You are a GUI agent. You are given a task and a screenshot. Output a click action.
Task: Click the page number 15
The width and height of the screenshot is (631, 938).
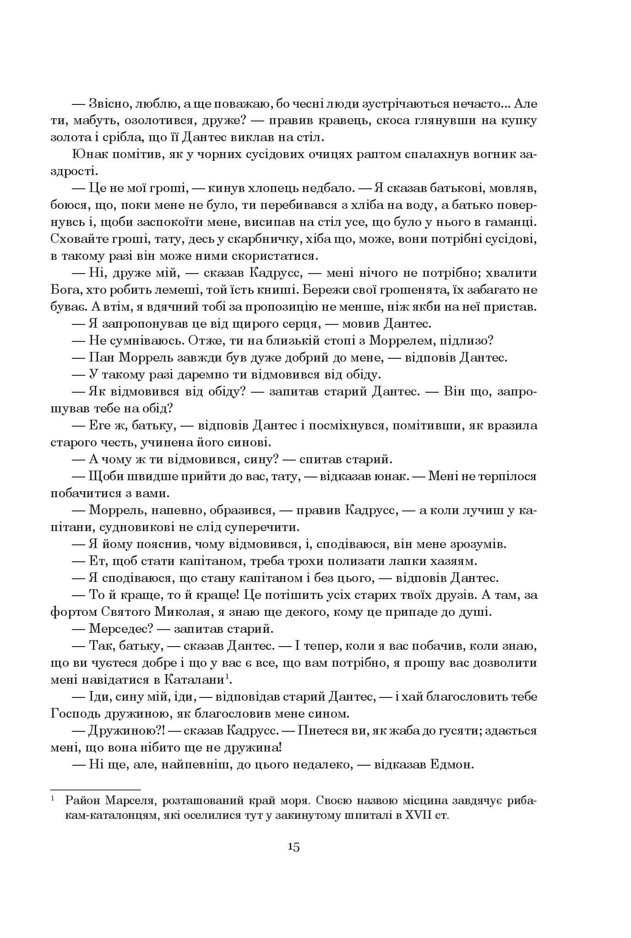tap(294, 846)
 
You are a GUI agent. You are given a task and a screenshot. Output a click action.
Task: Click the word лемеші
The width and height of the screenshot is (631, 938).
tap(157, 290)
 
